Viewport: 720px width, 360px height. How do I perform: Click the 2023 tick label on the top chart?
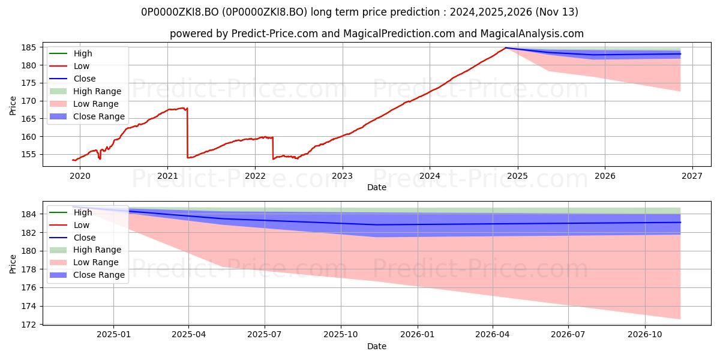[343, 176]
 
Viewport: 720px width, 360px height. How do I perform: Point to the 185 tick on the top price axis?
[28, 47]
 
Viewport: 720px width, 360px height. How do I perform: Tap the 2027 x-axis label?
[692, 176]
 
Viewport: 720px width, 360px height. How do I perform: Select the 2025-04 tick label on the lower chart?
[188, 335]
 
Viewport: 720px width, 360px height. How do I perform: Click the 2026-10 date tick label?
[645, 335]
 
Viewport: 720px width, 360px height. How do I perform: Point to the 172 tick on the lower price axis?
[28, 325]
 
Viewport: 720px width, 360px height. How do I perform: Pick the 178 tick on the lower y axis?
[28, 269]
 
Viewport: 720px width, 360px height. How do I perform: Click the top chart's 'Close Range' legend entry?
[87, 116]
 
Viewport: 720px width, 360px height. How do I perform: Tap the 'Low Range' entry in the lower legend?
[84, 262]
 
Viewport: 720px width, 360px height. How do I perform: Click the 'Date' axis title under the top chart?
[377, 187]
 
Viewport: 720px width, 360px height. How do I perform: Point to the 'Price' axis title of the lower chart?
[13, 264]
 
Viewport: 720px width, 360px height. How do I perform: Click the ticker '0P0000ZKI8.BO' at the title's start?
[180, 12]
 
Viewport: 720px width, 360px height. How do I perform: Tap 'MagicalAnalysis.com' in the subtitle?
[532, 34]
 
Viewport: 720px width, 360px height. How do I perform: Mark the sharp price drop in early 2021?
[187, 133]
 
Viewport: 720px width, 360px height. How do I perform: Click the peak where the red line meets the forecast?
[505, 48]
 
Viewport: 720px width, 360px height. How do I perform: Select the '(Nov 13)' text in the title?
[557, 12]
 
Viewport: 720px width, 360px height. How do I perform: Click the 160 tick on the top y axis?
[28, 137]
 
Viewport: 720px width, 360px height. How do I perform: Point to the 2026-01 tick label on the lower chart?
[417, 335]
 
